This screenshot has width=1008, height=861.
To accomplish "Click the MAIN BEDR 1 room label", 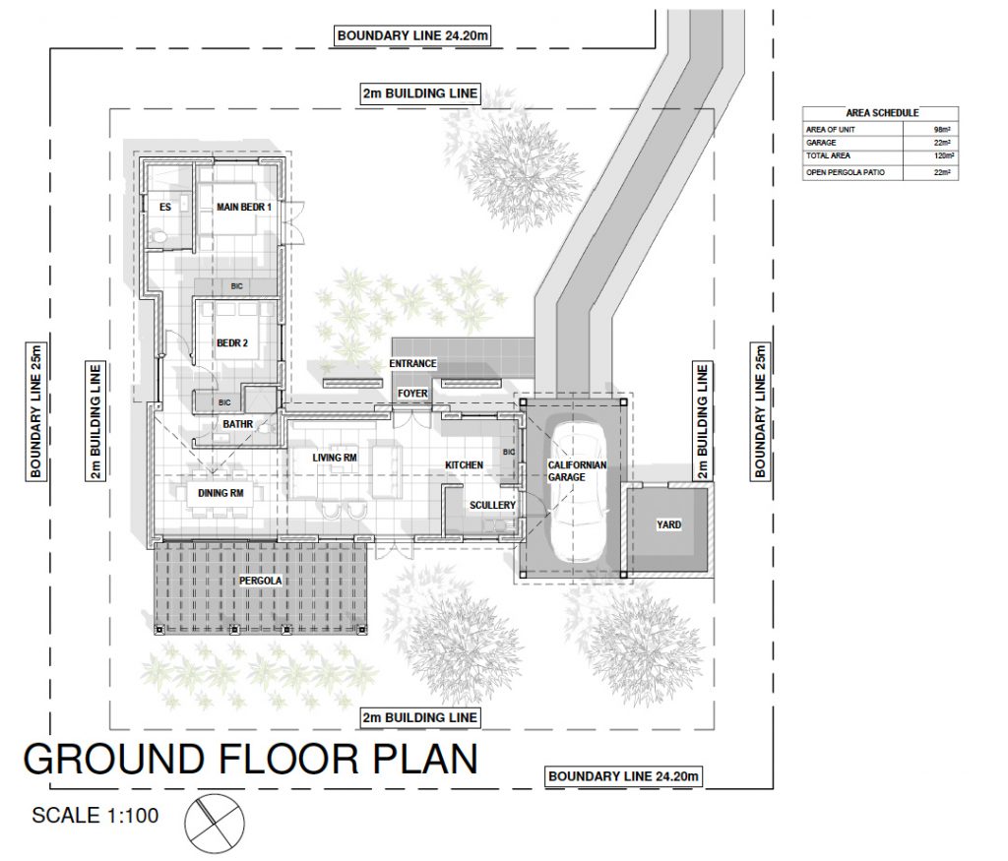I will [243, 208].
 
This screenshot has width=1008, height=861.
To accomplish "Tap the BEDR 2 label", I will [231, 343].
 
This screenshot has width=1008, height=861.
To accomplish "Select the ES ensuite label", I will [165, 208].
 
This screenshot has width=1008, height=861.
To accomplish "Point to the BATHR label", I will [238, 424].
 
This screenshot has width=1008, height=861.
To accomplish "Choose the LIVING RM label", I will [335, 458].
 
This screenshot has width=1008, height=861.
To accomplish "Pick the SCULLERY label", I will [493, 505].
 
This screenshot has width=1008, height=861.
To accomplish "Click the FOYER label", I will [412, 394].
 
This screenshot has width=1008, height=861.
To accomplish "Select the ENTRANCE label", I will [412, 364].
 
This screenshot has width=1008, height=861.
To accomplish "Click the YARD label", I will [668, 525].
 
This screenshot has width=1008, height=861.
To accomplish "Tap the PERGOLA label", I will [260, 581].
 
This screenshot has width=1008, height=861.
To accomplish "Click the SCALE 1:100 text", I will [95, 816].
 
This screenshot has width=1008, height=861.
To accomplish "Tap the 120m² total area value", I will [941, 156].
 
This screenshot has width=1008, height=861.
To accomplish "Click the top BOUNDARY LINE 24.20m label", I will [413, 35].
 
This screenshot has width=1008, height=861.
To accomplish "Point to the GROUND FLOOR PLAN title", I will [250, 761].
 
